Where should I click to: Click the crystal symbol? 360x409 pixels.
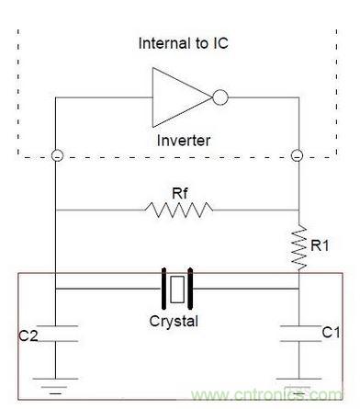point(178,289)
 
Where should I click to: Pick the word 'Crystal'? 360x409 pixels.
point(174,322)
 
